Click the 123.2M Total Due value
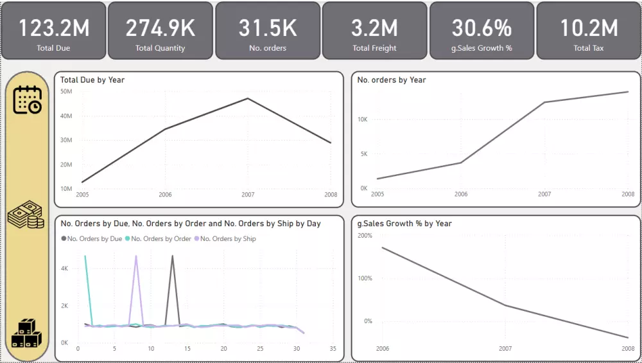pyautogui.click(x=53, y=28)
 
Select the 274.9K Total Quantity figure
pyautogui.click(x=160, y=28)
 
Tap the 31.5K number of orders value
pyautogui.click(x=267, y=28)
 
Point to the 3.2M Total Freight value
pyautogui.click(x=374, y=28)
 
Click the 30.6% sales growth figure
pyautogui.click(x=481, y=28)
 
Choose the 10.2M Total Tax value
pyautogui.click(x=589, y=28)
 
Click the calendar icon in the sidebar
pyautogui.click(x=27, y=100)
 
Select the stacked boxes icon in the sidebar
pyautogui.click(x=26, y=333)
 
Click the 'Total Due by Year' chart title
pyautogui.click(x=92, y=80)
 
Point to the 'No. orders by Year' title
pyautogui.click(x=392, y=80)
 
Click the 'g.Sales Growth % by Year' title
pyautogui.click(x=404, y=224)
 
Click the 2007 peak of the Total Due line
pyautogui.click(x=248, y=98)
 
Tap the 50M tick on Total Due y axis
pyautogui.click(x=66, y=92)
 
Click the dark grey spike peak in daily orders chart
pyautogui.click(x=172, y=256)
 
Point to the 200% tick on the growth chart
pyautogui.click(x=365, y=236)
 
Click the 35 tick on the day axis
pyautogui.click(x=333, y=349)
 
